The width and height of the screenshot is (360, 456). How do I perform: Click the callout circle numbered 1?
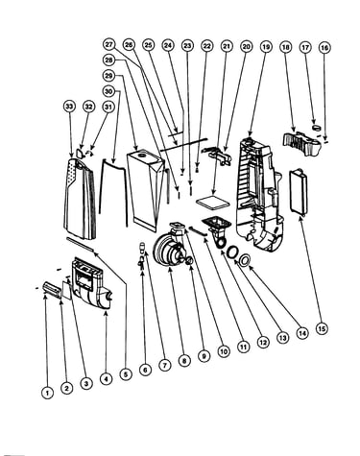[x=47, y=393]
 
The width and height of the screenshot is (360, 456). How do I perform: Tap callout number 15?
[x=322, y=328]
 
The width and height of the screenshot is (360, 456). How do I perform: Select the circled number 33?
[x=69, y=107]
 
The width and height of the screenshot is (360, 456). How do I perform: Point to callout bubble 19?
[x=266, y=47]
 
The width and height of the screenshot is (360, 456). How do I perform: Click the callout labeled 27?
[x=109, y=44]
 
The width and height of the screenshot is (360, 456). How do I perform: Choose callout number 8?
[x=184, y=361]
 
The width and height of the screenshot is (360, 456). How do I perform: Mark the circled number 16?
[x=324, y=48]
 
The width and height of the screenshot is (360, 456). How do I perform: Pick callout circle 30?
[x=108, y=91]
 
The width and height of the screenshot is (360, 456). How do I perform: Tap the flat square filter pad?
[x=214, y=203]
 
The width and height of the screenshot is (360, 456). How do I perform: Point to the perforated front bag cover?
[x=80, y=199]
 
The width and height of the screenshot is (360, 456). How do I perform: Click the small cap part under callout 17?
[x=317, y=128]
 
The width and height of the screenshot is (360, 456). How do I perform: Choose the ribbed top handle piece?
[x=301, y=143]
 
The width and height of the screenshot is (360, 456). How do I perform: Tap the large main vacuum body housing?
[x=259, y=192]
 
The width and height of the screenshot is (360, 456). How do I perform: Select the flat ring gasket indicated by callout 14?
[x=246, y=259]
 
